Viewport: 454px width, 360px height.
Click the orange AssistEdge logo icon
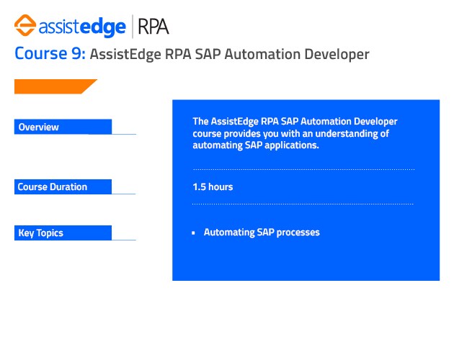(x=25, y=27)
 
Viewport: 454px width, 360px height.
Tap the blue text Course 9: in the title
(x=50, y=54)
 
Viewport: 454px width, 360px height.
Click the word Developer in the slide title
(x=336, y=54)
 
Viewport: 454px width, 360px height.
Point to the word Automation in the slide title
(x=259, y=54)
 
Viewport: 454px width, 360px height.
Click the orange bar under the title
(x=55, y=86)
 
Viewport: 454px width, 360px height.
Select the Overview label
(x=39, y=127)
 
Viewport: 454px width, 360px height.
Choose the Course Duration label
(x=53, y=187)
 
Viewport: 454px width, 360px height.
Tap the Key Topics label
(x=41, y=233)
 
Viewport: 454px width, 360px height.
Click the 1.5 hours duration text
(x=213, y=187)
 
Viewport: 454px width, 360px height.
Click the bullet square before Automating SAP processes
(x=194, y=234)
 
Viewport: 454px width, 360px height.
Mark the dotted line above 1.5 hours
(x=303, y=170)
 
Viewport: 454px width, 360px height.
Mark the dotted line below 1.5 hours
(x=303, y=204)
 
